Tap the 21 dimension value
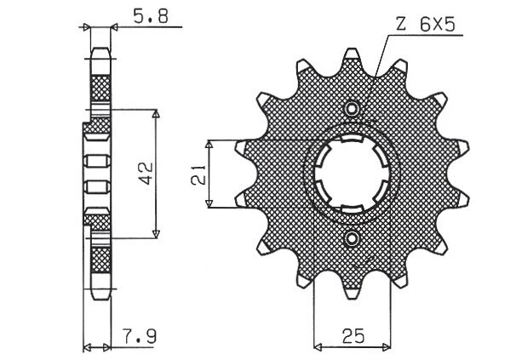pos(197,174)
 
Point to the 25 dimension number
pos(352,336)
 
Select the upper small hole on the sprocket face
pos(352,109)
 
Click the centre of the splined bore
pos(352,174)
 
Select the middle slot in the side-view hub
pos(95,174)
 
